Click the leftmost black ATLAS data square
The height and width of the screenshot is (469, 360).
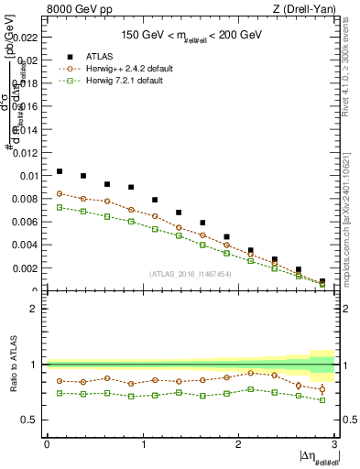(x=60, y=171)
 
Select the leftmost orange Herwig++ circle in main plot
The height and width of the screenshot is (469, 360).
(x=60, y=193)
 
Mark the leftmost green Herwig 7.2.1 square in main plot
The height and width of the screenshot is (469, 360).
(x=60, y=207)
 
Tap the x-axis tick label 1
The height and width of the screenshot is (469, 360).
(x=142, y=443)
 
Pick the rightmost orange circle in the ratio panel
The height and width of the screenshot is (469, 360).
(x=322, y=389)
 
